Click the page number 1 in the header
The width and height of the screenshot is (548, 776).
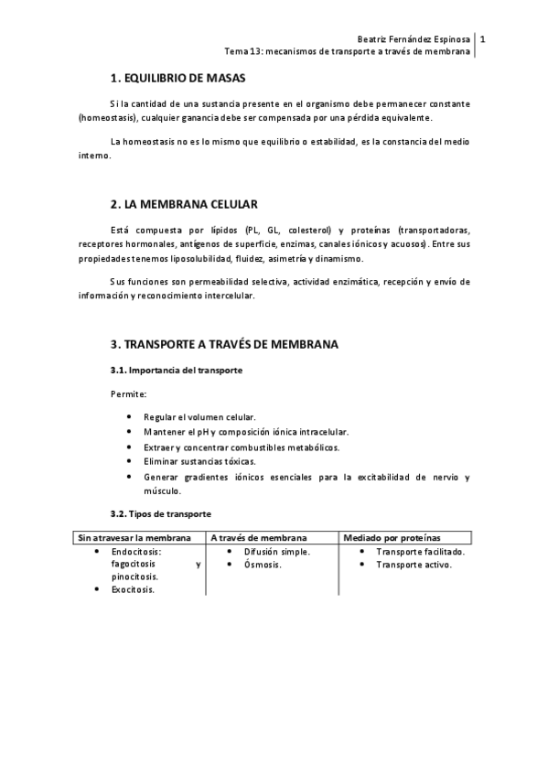tap(482, 39)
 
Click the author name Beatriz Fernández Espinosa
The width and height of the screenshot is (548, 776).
tap(414, 39)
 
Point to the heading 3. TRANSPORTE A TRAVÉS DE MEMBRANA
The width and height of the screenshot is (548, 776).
tap(224, 345)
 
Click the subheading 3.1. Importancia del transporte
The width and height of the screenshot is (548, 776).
tap(176, 370)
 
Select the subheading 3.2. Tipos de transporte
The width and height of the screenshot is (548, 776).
tap(160, 514)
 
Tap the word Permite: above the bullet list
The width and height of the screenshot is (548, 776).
tap(128, 393)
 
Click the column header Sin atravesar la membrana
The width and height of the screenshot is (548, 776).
tap(135, 537)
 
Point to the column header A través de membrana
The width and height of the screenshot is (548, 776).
tap(259, 537)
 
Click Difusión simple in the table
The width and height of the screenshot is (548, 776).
tap(277, 552)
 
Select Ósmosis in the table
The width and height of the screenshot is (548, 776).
tap(262, 565)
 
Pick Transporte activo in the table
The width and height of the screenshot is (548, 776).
tap(414, 565)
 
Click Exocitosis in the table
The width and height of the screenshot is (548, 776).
tap(133, 589)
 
